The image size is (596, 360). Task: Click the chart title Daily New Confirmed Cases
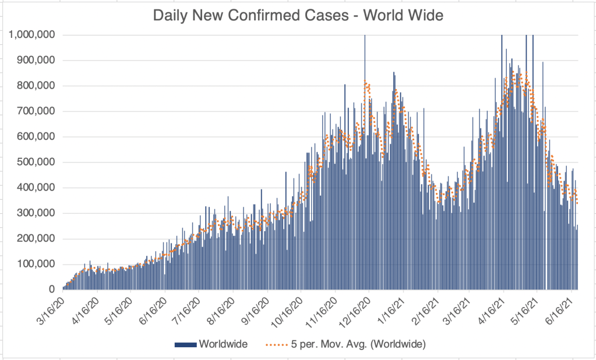click(x=298, y=15)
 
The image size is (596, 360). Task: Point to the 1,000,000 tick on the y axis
click(x=32, y=35)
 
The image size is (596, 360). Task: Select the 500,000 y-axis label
click(x=36, y=162)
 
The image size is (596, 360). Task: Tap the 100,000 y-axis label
click(x=36, y=264)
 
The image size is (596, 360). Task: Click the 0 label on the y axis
click(x=51, y=290)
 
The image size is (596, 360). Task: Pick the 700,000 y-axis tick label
click(x=36, y=111)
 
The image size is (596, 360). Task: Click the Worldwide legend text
click(x=223, y=344)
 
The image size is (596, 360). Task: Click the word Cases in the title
click(x=331, y=15)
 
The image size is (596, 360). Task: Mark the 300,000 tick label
click(x=36, y=213)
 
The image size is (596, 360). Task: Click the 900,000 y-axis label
click(x=36, y=61)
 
